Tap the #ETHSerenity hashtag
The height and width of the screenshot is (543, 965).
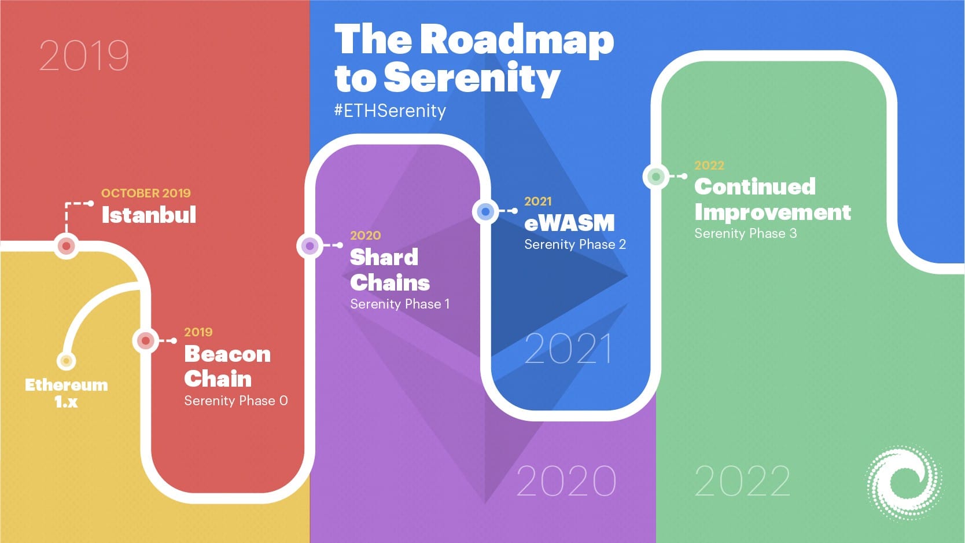(390, 111)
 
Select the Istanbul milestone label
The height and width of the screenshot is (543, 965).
(149, 215)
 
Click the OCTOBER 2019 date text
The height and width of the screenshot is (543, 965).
(146, 193)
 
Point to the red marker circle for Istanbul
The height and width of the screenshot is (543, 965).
(67, 246)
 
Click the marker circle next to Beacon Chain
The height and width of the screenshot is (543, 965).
(146, 340)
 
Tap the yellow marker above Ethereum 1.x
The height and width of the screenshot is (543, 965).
(67, 361)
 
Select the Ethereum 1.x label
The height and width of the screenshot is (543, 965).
(66, 392)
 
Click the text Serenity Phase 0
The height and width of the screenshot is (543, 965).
(235, 401)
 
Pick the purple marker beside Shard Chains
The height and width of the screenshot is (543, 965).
(310, 246)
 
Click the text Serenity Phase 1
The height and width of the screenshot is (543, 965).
(400, 304)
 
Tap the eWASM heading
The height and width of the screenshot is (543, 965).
(569, 223)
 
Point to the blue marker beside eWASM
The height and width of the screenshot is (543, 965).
(485, 211)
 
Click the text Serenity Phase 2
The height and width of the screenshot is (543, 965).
(575, 244)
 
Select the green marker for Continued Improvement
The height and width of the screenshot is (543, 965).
(656, 176)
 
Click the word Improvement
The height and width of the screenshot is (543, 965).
(772, 212)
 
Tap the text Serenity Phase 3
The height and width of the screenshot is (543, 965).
(745, 233)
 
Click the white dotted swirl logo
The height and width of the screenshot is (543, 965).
(904, 482)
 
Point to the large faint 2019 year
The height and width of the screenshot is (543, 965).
(84, 56)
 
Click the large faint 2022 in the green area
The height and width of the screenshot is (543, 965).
(742, 481)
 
